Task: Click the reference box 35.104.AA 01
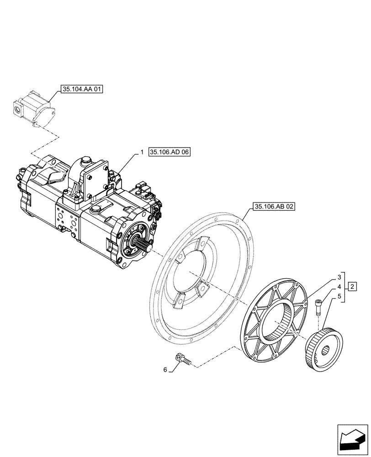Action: [x=80, y=89]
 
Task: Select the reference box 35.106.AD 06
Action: [x=169, y=153]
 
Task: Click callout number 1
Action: [x=142, y=153]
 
